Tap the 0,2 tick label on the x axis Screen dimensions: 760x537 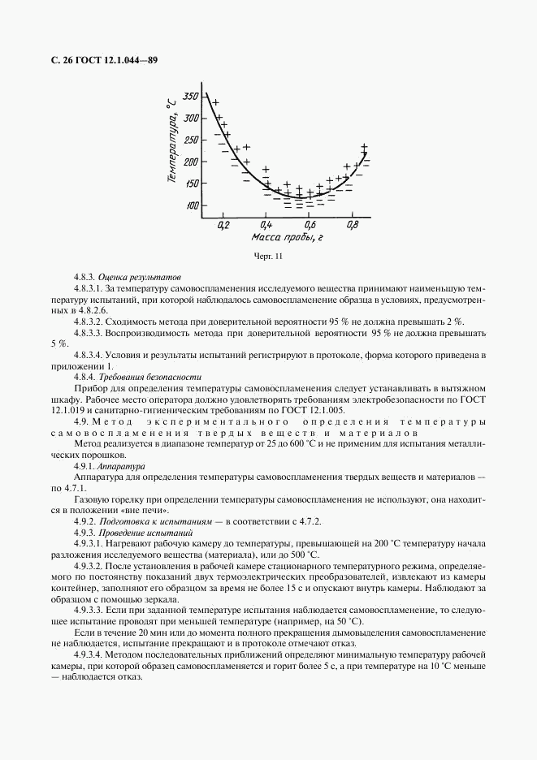coord(223,223)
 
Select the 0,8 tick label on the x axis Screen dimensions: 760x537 coord(352,223)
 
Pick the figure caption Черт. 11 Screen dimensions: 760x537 coord(268,257)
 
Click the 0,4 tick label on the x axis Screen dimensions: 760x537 coord(266,223)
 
